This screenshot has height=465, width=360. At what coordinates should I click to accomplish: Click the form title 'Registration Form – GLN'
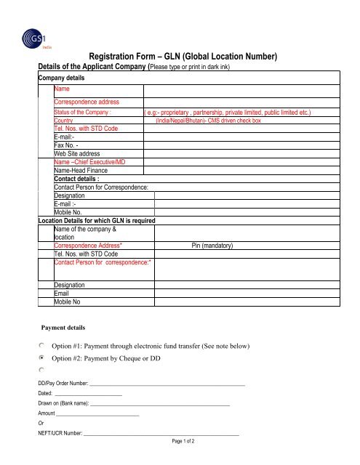pyautogui.click(x=183, y=56)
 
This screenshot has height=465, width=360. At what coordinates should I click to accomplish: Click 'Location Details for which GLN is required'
pyautogui.click(x=95, y=219)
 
